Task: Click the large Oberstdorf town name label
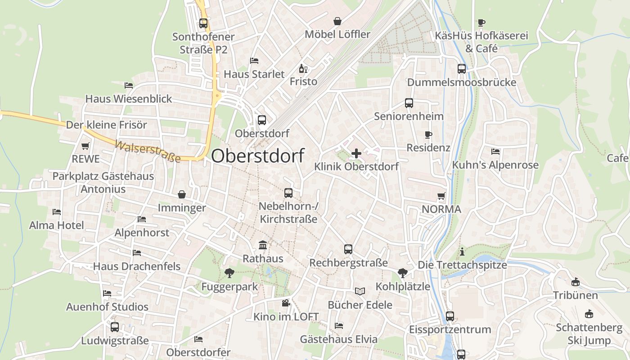(x=257, y=156)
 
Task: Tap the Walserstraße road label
(x=148, y=151)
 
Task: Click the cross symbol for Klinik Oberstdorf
(x=356, y=153)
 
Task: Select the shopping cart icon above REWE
(x=85, y=146)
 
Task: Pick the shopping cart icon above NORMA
(x=441, y=196)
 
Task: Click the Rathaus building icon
(x=263, y=245)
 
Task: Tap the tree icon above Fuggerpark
(x=229, y=273)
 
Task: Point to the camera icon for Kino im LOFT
(x=286, y=303)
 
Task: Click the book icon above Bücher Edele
(x=360, y=291)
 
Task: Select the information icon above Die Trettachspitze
(x=462, y=252)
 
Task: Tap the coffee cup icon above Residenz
(x=428, y=135)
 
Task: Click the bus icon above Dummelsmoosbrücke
(x=462, y=69)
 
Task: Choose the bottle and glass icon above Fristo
(x=303, y=69)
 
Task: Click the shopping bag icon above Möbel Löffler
(x=337, y=21)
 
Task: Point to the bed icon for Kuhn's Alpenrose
(x=495, y=152)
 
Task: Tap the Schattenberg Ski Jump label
(x=589, y=334)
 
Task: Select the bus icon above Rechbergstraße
(x=348, y=249)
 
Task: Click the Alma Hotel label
(x=57, y=225)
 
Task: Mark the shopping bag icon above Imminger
(x=182, y=194)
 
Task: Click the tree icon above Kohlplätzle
(x=403, y=273)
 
